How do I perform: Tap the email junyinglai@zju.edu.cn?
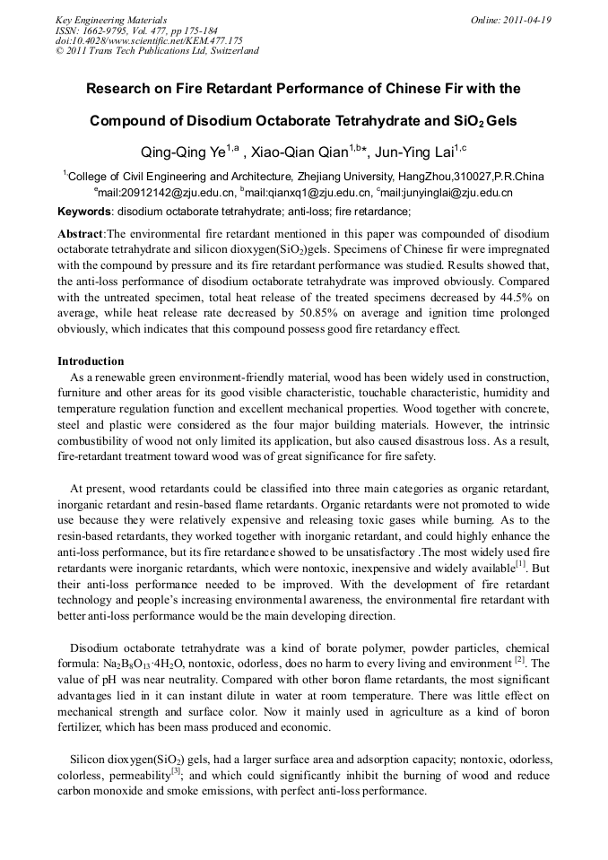coord(448,192)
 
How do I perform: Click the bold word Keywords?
coord(84,212)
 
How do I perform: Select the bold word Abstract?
coord(81,233)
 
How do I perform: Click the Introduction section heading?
coord(91,361)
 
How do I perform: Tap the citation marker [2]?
coord(519,661)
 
